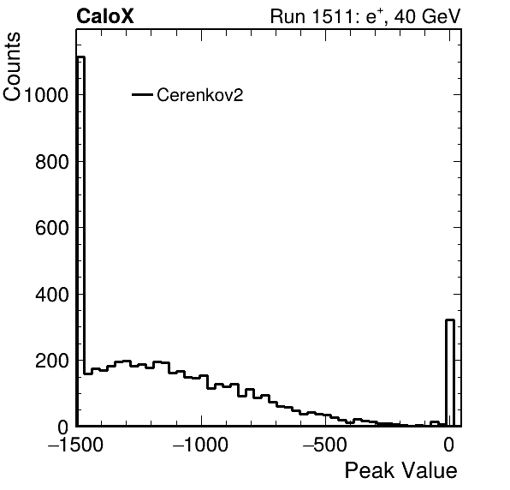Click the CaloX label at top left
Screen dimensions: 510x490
point(105,16)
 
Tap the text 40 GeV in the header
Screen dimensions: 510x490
point(427,16)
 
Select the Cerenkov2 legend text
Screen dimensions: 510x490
point(200,95)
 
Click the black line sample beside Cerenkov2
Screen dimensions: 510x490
point(142,95)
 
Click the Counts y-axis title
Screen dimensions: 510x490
point(12,67)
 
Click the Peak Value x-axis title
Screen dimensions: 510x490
point(400,470)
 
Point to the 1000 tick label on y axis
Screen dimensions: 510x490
point(46,95)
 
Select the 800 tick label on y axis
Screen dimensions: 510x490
point(51,162)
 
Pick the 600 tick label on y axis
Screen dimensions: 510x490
point(51,228)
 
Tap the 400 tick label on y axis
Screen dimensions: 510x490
point(51,295)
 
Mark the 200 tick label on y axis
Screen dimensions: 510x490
point(51,361)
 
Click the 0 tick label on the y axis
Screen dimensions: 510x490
point(63,427)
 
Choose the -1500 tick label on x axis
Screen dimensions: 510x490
point(75,445)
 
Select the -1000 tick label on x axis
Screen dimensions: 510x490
point(200,445)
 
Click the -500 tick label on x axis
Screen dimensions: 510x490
point(325,445)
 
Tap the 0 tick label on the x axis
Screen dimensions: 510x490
point(449,445)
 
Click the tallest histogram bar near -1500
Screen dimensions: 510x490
point(80,242)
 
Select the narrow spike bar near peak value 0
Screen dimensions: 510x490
point(450,373)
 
